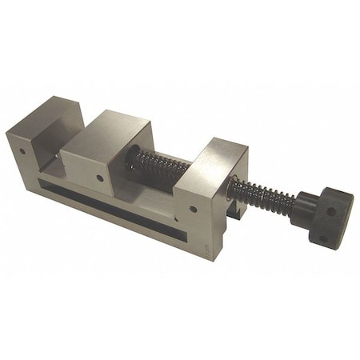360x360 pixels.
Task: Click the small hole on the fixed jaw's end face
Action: [x=24, y=149]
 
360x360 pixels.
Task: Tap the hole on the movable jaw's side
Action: [x=99, y=178]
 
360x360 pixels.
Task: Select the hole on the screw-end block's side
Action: [x=194, y=210]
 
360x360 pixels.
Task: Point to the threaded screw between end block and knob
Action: [x=260, y=196]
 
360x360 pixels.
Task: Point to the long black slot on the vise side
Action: [x=104, y=200]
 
